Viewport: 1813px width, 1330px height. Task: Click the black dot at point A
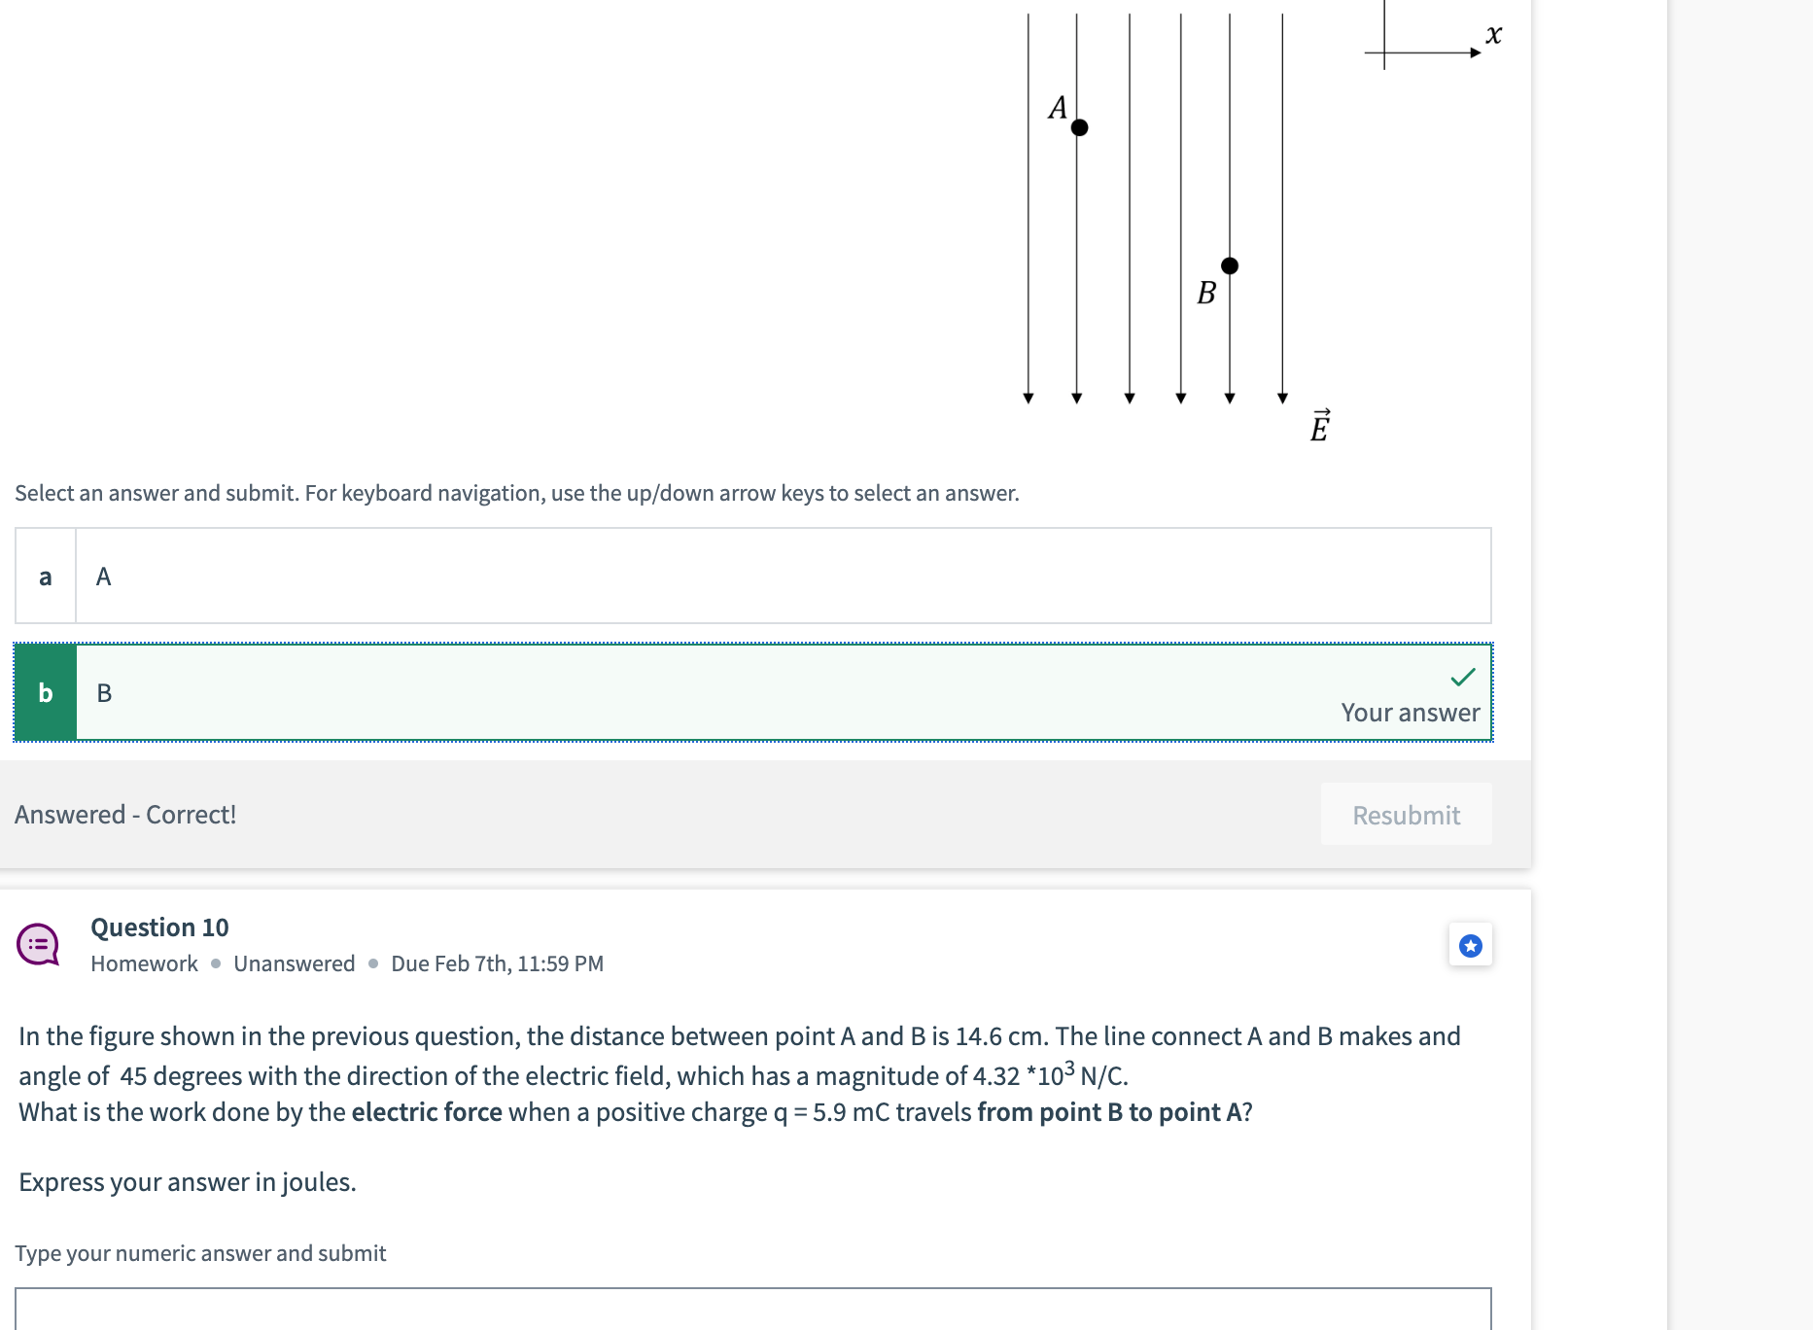[1079, 127]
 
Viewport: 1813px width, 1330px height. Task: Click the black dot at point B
[1230, 265]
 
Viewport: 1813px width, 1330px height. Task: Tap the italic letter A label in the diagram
[1058, 107]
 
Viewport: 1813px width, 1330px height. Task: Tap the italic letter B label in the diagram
[1206, 293]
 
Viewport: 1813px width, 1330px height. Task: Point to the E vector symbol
[1319, 426]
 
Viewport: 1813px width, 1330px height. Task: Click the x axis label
[1493, 35]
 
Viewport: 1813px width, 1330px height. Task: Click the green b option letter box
[46, 692]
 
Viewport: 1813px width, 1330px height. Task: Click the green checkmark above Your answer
[1462, 677]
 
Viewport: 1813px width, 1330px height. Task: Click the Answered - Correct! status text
[125, 815]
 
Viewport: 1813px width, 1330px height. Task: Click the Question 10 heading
[159, 927]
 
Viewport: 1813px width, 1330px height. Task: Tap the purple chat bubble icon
[38, 944]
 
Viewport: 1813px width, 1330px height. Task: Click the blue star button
[1470, 945]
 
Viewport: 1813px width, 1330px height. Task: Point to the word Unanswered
[294, 963]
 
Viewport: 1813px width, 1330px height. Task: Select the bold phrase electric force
[427, 1112]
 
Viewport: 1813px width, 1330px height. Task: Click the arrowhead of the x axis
[1475, 52]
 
